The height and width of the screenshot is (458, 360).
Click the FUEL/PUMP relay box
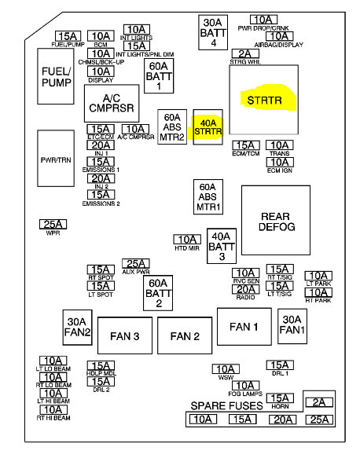(57, 76)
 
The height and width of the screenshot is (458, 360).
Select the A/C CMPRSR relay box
(112, 103)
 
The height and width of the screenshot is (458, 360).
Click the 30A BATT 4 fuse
(212, 32)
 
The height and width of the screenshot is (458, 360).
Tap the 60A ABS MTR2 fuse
(173, 126)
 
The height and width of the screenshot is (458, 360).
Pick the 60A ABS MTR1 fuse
(209, 196)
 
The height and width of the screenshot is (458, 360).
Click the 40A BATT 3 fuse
(222, 245)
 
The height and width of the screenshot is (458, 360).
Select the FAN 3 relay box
(125, 336)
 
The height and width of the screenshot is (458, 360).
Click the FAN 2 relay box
(186, 336)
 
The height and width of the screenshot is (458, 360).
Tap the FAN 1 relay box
(243, 326)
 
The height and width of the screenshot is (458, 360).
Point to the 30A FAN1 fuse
(292, 325)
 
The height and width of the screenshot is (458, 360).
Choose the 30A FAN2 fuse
(78, 328)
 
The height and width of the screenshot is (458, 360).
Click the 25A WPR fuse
(53, 225)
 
